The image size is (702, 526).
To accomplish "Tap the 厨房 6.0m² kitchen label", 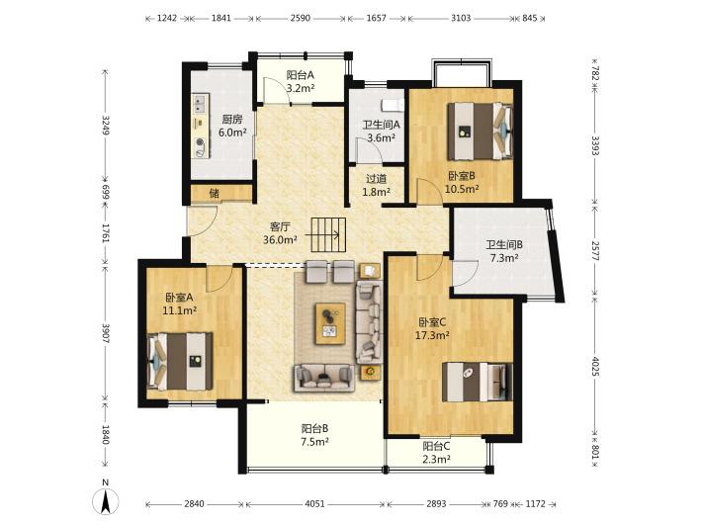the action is pyautogui.click(x=232, y=126).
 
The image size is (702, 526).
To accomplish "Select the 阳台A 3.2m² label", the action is pyautogui.click(x=300, y=81).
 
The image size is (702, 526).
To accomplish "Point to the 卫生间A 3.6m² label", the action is pyautogui.click(x=381, y=131).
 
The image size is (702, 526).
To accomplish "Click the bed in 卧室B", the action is pyautogui.click(x=481, y=131).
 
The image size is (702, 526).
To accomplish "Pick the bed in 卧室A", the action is pyautogui.click(x=180, y=361).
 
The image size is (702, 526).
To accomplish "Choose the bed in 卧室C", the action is pyautogui.click(x=478, y=382).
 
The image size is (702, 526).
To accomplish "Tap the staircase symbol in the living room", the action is pyautogui.click(x=328, y=234).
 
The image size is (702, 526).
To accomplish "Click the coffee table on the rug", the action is pyautogui.click(x=330, y=323).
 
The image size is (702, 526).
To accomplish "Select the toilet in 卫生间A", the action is pyautogui.click(x=393, y=105).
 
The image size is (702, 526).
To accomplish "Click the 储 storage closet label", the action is pyautogui.click(x=215, y=194).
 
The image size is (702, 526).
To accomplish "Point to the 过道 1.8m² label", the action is pyautogui.click(x=376, y=185).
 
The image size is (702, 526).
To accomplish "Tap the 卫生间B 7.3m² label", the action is pyautogui.click(x=504, y=251).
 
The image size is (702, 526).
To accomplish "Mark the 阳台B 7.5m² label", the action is pyautogui.click(x=314, y=435).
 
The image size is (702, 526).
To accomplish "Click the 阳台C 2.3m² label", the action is pyautogui.click(x=436, y=452).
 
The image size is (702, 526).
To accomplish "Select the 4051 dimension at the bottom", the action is pyautogui.click(x=314, y=503).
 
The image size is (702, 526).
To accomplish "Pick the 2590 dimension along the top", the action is pyautogui.click(x=300, y=19).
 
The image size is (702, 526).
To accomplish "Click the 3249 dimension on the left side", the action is pyautogui.click(x=106, y=125).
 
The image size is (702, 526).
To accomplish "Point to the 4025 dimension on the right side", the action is pyautogui.click(x=595, y=366).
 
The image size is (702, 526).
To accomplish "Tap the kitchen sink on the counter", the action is pyautogui.click(x=200, y=104).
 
